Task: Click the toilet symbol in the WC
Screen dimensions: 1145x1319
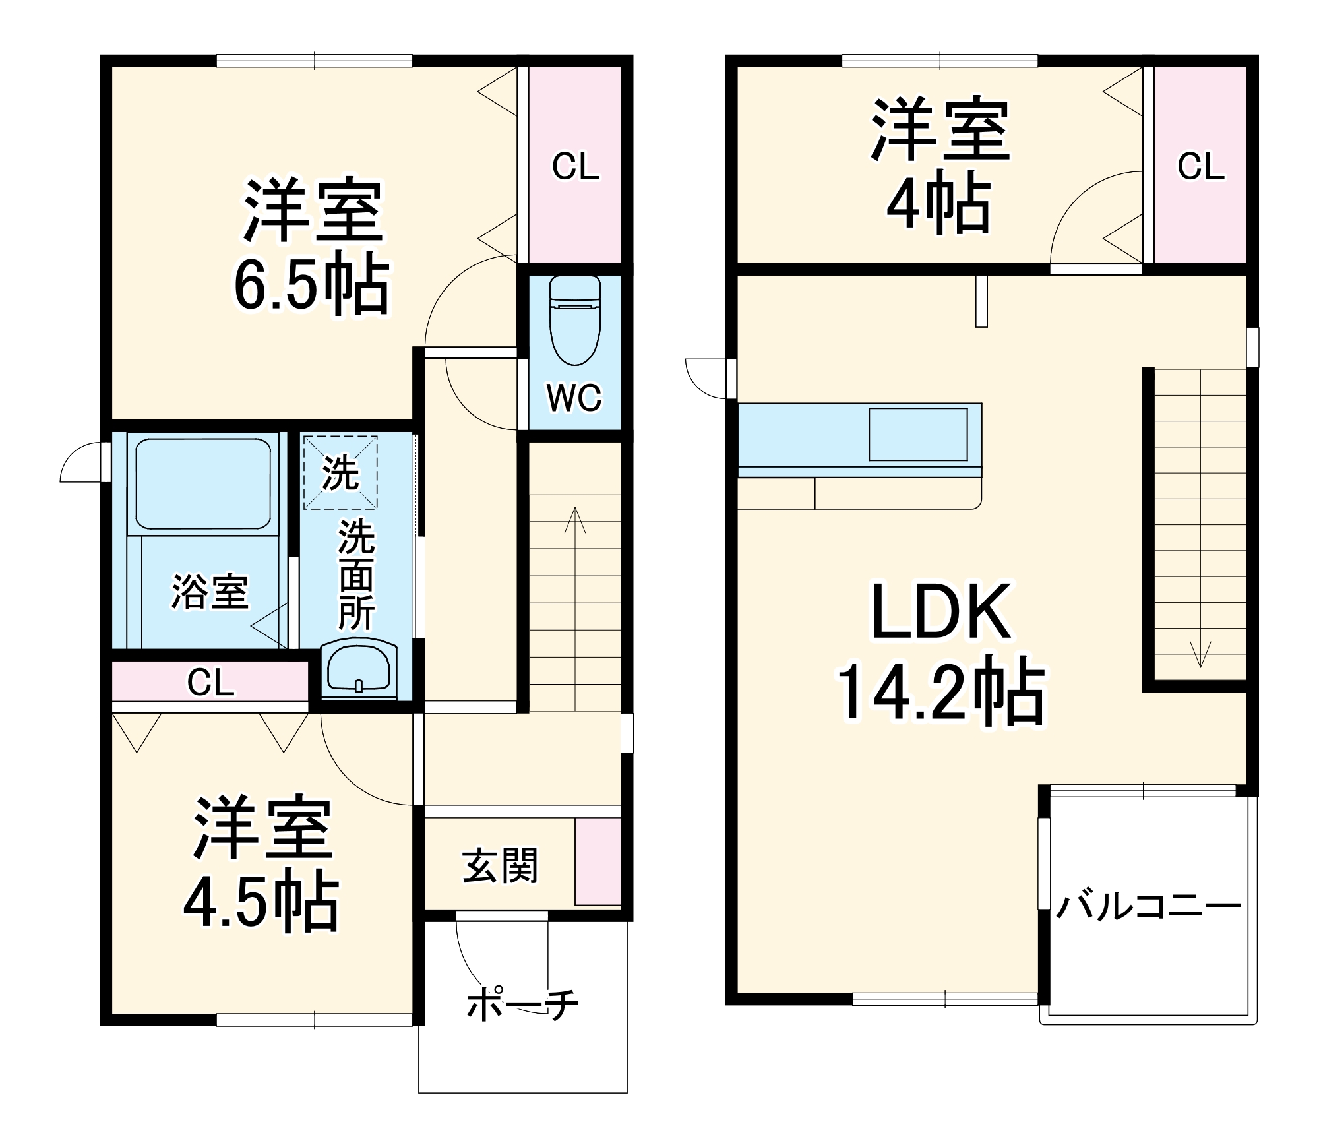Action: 574,321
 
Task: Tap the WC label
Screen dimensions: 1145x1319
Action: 574,398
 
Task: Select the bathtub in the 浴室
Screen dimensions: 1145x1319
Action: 202,483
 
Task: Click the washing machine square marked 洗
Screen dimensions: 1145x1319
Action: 340,472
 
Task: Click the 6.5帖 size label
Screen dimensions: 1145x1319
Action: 311,284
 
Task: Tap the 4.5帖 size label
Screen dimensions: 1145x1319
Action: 261,902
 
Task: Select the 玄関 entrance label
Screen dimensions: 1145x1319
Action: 500,866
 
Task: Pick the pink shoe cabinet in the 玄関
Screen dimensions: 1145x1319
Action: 598,861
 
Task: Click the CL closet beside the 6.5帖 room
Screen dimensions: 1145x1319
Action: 575,166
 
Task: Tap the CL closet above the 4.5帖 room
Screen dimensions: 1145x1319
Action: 210,683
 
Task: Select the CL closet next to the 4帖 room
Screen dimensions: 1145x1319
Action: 1200,166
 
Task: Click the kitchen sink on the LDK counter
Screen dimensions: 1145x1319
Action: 917,434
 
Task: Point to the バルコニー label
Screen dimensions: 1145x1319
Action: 1148,907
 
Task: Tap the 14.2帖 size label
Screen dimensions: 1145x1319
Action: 941,694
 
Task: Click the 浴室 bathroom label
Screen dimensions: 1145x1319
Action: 210,592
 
